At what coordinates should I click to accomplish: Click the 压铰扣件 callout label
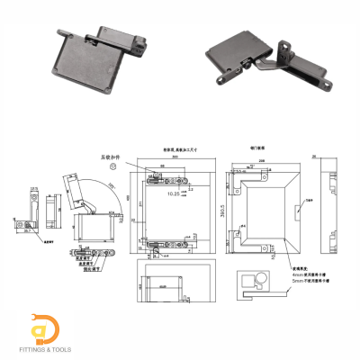[110, 157]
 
